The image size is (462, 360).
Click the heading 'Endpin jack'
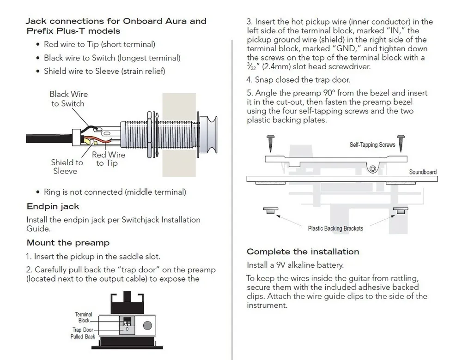(53, 206)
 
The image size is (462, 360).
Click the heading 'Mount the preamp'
(68, 243)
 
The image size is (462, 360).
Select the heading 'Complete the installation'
(303, 252)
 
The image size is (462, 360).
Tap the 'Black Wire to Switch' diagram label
(68, 99)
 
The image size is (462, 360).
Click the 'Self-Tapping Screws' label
(372, 144)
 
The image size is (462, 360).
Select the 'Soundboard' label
(422, 172)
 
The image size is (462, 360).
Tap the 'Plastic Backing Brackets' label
(335, 228)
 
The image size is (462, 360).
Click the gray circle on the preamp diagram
(147, 325)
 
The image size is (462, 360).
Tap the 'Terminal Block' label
(84, 317)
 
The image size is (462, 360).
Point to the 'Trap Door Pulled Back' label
(83, 333)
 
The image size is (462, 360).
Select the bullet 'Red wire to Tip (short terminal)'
(99, 44)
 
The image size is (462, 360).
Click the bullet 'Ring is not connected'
(115, 192)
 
